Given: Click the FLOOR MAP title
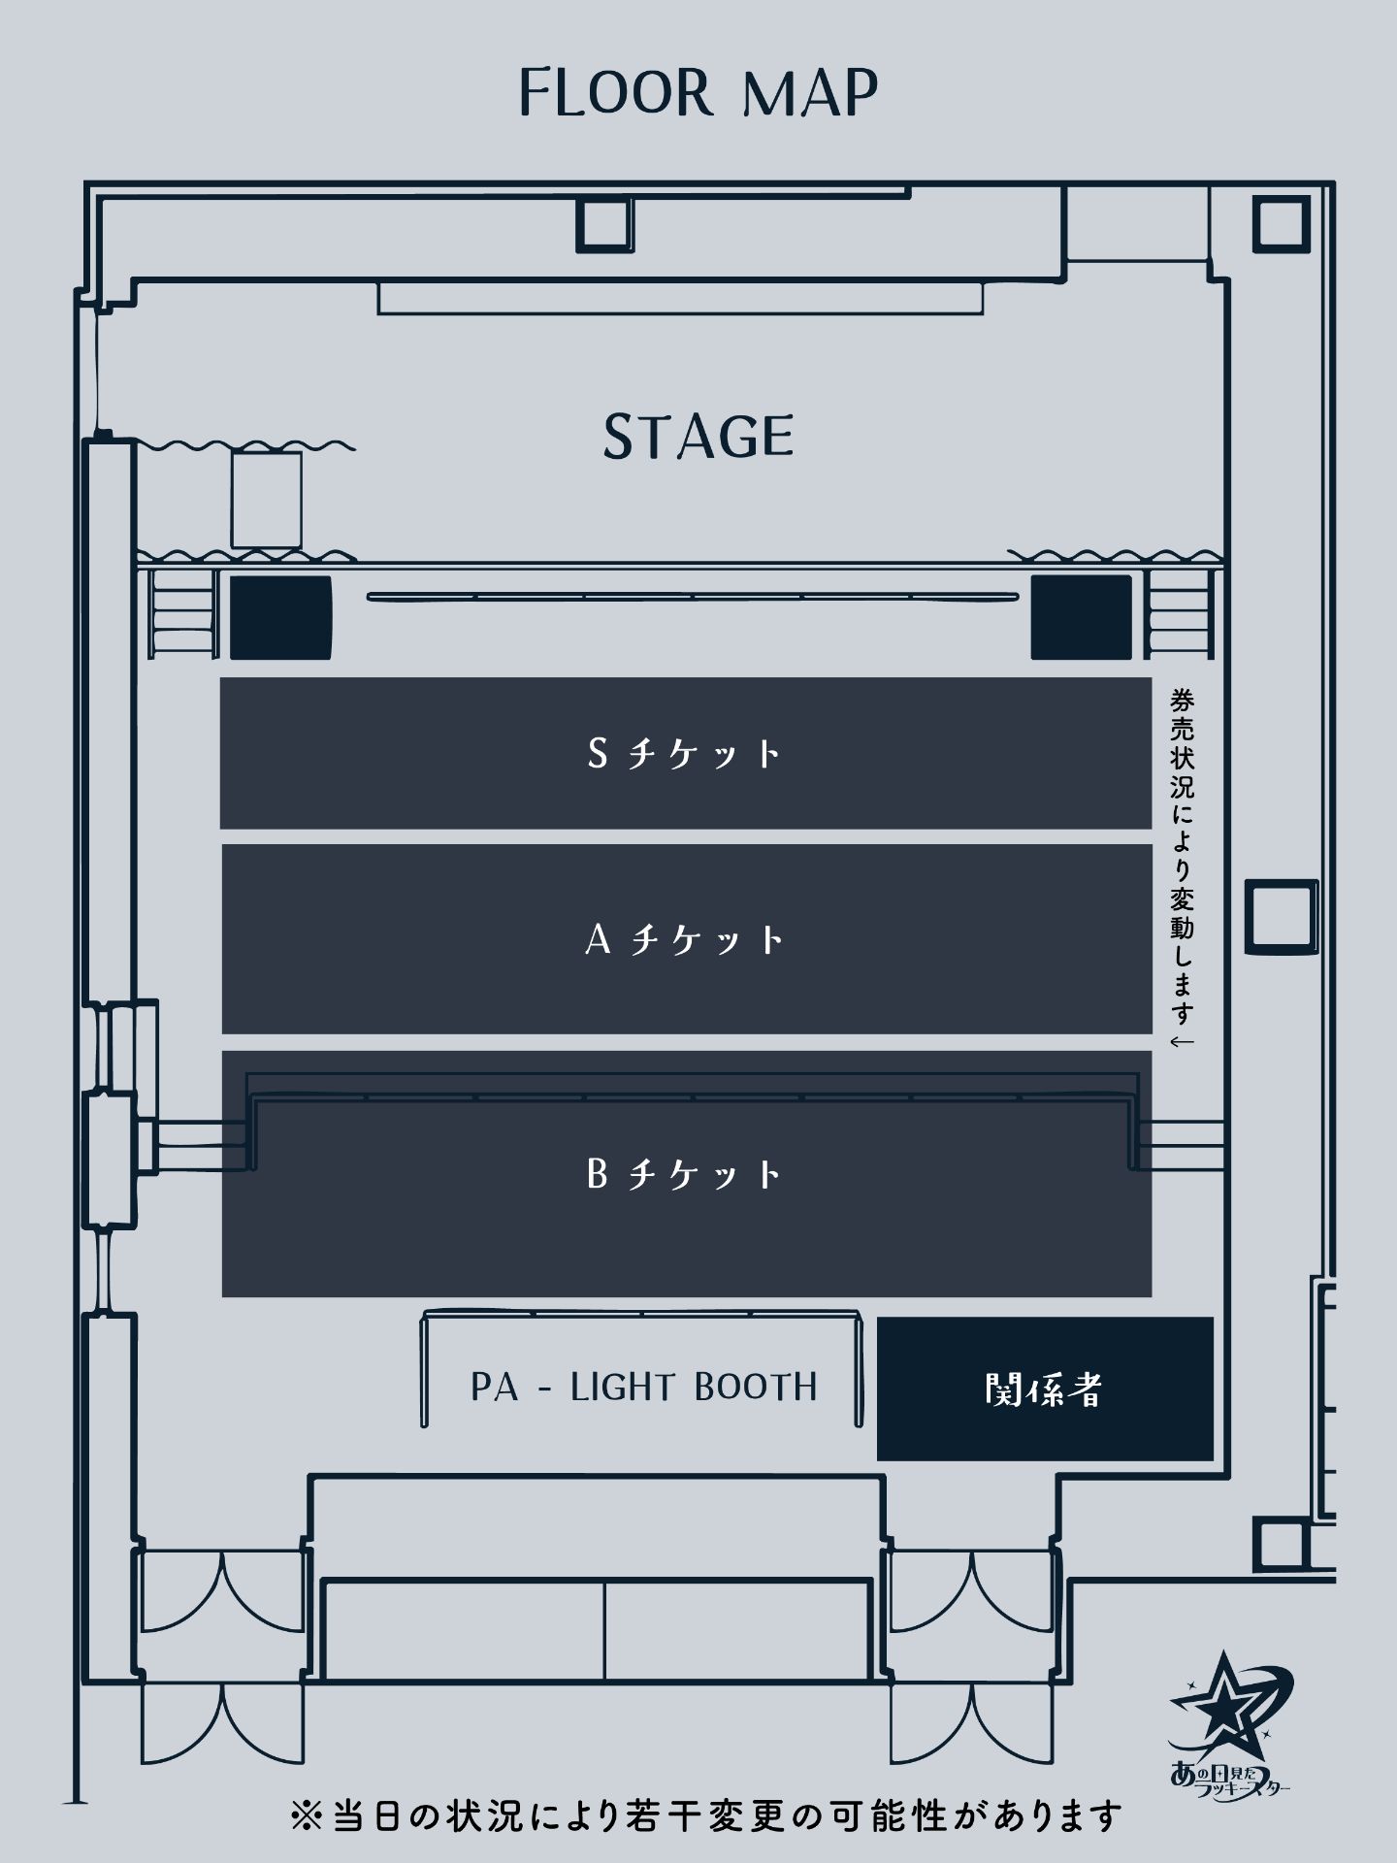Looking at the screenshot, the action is click(x=698, y=93).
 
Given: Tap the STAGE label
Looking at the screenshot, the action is click(x=698, y=436).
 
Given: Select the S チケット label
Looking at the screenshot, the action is click(x=685, y=753).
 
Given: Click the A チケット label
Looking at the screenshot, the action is click(x=685, y=939).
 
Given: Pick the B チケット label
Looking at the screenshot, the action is click(x=685, y=1174).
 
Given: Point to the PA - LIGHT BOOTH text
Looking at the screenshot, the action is click(x=644, y=1388).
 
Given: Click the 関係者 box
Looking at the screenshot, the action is click(x=1045, y=1389).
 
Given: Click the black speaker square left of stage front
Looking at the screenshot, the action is click(x=280, y=617).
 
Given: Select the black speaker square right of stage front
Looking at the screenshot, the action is click(x=1081, y=617).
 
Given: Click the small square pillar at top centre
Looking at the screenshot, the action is click(x=604, y=224).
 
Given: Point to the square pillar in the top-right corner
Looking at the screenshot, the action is click(x=1281, y=223).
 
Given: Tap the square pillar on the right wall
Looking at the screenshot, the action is click(x=1282, y=916).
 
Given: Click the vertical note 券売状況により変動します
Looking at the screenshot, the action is click(x=1182, y=868).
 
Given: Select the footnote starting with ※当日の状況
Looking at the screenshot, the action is click(x=706, y=1815).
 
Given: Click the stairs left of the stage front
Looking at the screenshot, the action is click(x=182, y=613).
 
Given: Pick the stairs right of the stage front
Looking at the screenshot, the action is click(x=1180, y=613).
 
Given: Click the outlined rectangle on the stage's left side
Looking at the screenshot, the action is click(x=266, y=501).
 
